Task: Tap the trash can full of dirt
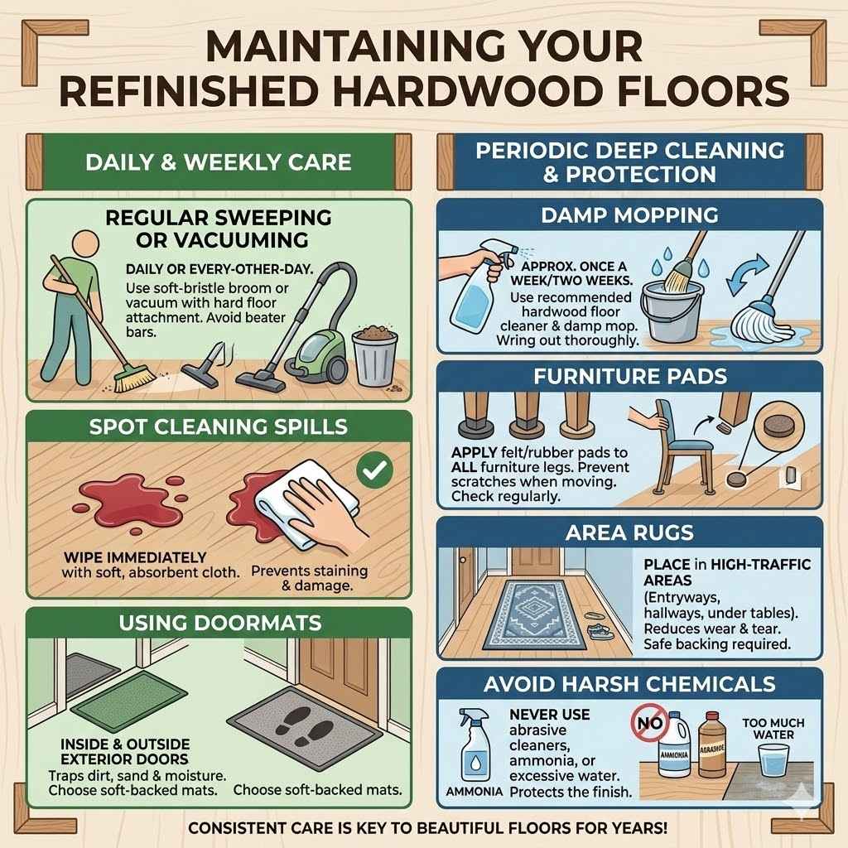click(374, 357)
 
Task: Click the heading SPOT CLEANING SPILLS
click(219, 427)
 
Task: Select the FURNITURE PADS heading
click(629, 376)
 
